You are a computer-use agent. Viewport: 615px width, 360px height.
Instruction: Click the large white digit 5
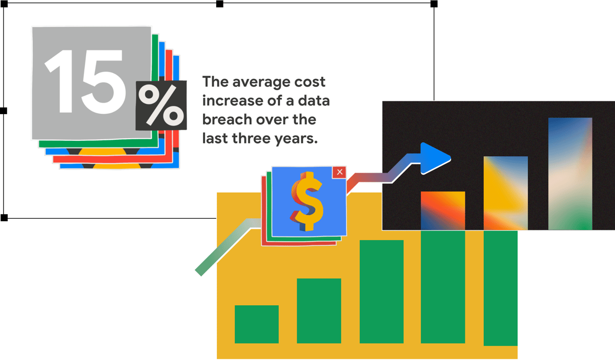coord(103,82)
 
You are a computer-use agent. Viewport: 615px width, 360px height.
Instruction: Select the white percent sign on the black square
coord(161,104)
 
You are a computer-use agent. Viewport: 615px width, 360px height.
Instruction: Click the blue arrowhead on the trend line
coord(435,158)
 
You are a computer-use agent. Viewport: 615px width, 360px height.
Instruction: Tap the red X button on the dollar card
coord(339,172)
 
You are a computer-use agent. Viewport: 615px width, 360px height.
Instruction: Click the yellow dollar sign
coord(306,201)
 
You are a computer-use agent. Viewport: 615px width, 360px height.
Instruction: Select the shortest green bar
coord(257,324)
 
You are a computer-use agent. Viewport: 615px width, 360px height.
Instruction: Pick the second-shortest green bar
coord(319,311)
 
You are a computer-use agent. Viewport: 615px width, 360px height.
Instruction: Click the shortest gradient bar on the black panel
coord(443,210)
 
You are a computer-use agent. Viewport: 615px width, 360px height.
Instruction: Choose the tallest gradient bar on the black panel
coord(570,174)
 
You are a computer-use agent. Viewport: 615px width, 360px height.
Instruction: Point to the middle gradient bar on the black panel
coord(506,193)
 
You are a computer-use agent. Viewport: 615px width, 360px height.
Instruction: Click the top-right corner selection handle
coord(434,4)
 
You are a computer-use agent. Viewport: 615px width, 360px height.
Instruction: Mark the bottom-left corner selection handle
coord(4,218)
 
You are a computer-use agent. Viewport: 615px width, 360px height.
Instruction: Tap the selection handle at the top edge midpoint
coord(220,4)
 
